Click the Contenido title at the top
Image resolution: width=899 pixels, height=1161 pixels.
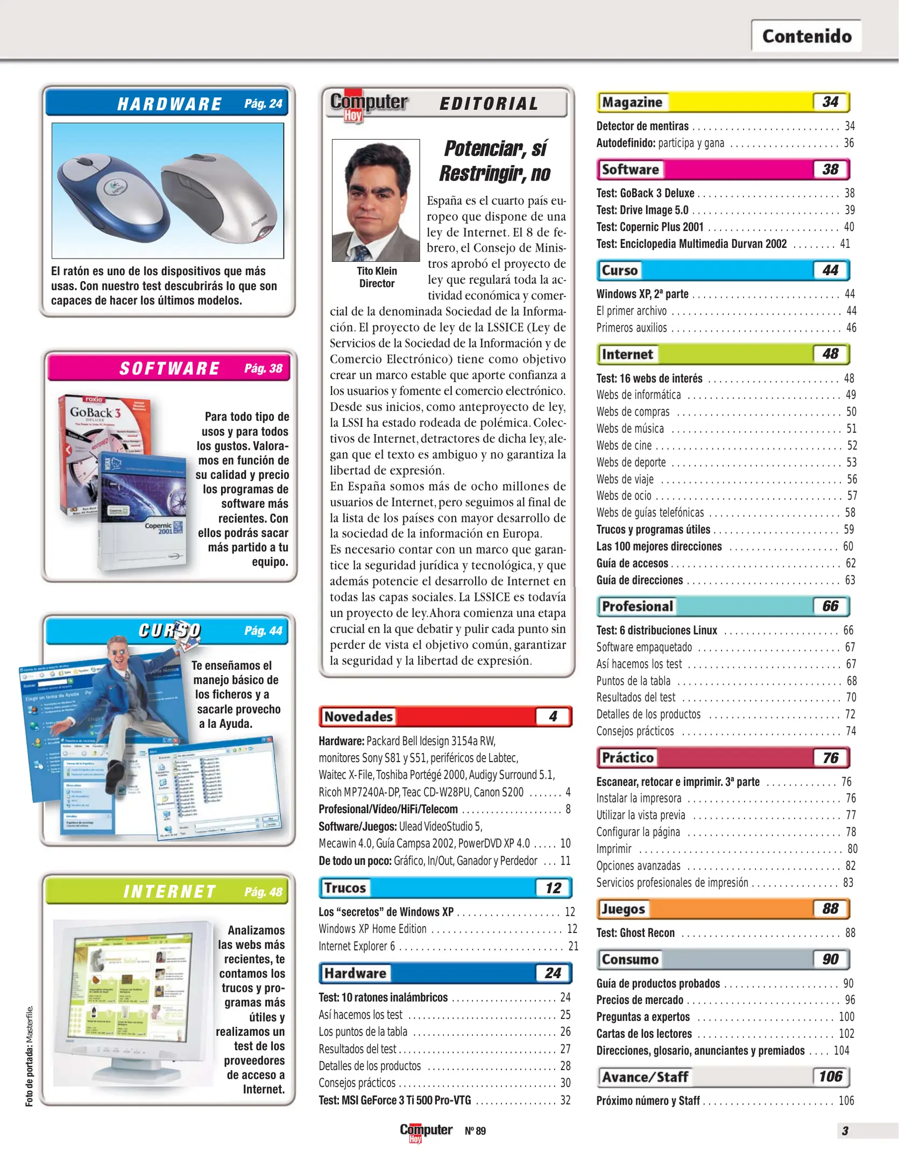pyautogui.click(x=806, y=36)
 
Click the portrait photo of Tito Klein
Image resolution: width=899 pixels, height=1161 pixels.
pyautogui.click(x=376, y=200)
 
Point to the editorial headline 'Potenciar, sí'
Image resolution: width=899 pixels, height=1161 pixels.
pyautogui.click(x=495, y=148)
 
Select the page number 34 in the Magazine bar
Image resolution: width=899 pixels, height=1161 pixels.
pyautogui.click(x=830, y=102)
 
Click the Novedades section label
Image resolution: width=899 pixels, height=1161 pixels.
pyautogui.click(x=358, y=716)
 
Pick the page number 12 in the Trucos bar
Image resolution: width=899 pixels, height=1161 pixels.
pyautogui.click(x=553, y=888)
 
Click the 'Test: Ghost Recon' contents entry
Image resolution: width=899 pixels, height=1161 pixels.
pyautogui.click(x=635, y=933)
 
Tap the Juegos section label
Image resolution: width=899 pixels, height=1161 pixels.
pyautogui.click(x=623, y=909)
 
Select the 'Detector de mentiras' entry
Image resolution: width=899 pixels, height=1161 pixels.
pyautogui.click(x=642, y=126)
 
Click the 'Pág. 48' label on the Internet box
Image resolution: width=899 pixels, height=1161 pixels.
pyautogui.click(x=263, y=892)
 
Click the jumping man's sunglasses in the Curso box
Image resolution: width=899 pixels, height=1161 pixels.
pyautogui.click(x=119, y=651)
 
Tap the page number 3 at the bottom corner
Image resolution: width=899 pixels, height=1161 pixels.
pyautogui.click(x=845, y=1131)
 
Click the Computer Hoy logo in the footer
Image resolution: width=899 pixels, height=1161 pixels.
pyautogui.click(x=426, y=1131)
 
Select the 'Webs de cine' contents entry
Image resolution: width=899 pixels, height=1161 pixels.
pyautogui.click(x=624, y=446)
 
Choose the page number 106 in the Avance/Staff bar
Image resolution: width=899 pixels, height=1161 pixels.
pyautogui.click(x=830, y=1077)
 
